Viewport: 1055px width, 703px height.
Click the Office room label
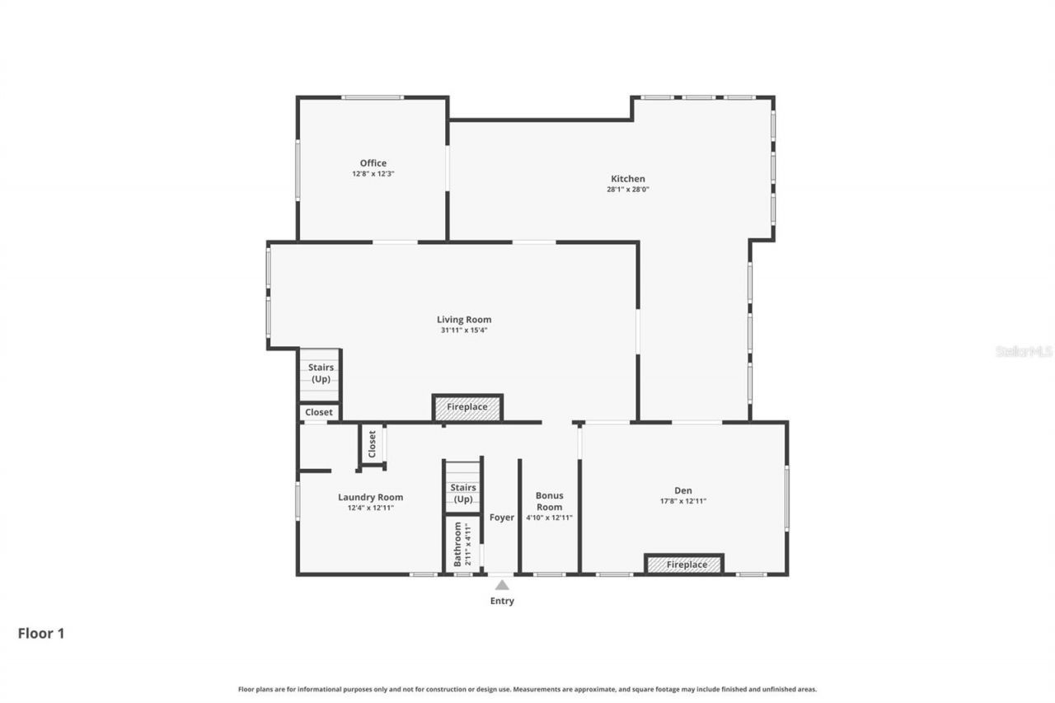(x=373, y=163)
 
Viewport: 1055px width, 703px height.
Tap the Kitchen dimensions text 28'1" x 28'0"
(x=627, y=190)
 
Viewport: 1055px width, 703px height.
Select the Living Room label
(x=464, y=320)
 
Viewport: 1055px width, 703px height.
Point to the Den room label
(x=682, y=490)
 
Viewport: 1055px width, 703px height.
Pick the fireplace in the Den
(x=683, y=565)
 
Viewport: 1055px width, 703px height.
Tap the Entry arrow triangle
(x=502, y=585)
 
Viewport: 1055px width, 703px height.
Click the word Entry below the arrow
(x=502, y=601)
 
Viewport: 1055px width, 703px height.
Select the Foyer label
(x=502, y=518)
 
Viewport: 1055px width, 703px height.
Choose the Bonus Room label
(x=549, y=501)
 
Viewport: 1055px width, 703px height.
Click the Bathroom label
(x=458, y=543)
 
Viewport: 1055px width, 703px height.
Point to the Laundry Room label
(x=370, y=497)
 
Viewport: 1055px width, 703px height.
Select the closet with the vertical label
(x=372, y=444)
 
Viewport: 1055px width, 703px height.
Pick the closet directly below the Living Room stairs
(x=319, y=412)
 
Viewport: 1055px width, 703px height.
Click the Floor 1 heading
(x=41, y=633)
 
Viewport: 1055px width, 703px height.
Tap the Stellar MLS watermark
(x=1024, y=351)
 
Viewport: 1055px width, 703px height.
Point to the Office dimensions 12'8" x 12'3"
(x=373, y=174)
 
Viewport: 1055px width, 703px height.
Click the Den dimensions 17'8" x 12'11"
(x=682, y=501)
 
